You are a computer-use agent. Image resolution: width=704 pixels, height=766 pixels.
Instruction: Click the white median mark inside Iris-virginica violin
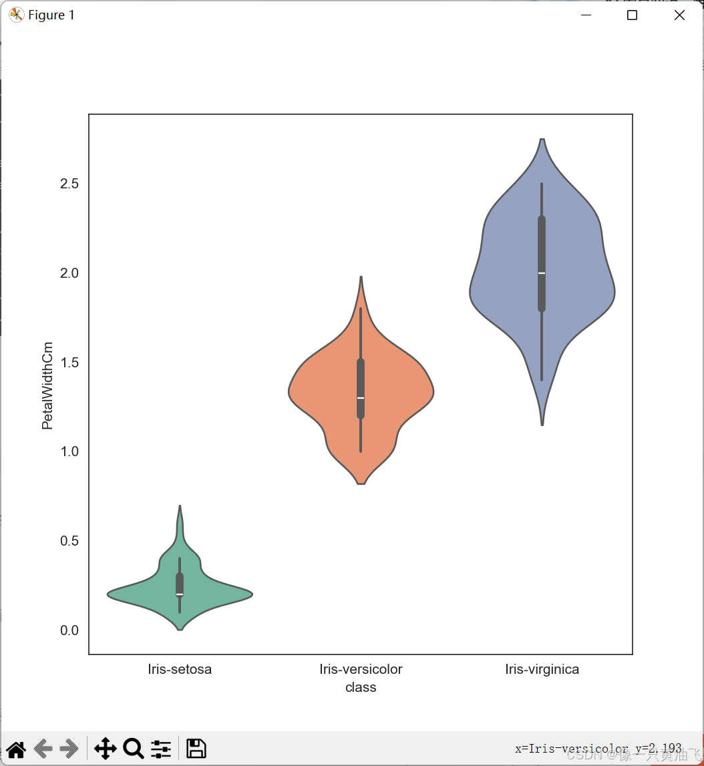(x=542, y=273)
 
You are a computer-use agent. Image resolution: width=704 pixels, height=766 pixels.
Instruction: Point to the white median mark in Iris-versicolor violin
(x=361, y=398)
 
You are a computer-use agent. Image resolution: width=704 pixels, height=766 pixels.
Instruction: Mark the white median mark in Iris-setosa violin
(x=180, y=594)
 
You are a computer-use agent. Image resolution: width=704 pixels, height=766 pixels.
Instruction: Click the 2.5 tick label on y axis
(x=69, y=184)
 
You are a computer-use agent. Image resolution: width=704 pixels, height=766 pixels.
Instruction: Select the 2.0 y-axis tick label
(x=69, y=273)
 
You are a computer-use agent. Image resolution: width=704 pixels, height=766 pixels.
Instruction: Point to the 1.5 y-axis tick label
(x=69, y=363)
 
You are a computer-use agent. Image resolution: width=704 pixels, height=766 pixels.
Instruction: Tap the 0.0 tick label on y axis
(x=69, y=630)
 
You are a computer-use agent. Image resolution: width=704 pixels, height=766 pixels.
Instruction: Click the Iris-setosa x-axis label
(x=180, y=670)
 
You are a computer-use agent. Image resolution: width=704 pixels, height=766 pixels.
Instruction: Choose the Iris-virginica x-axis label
(x=542, y=670)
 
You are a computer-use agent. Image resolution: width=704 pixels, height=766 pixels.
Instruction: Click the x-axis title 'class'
(x=361, y=687)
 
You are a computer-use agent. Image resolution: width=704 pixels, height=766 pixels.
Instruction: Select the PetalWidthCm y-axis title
(x=47, y=385)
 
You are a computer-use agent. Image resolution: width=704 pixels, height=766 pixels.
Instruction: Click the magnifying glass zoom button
(x=134, y=749)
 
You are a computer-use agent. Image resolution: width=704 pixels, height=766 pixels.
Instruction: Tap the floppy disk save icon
(x=196, y=749)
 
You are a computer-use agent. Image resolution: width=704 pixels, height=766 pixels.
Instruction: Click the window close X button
(x=679, y=15)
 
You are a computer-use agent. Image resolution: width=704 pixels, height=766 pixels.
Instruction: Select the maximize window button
(x=632, y=15)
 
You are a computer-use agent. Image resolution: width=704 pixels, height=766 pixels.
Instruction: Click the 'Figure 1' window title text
(x=51, y=15)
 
